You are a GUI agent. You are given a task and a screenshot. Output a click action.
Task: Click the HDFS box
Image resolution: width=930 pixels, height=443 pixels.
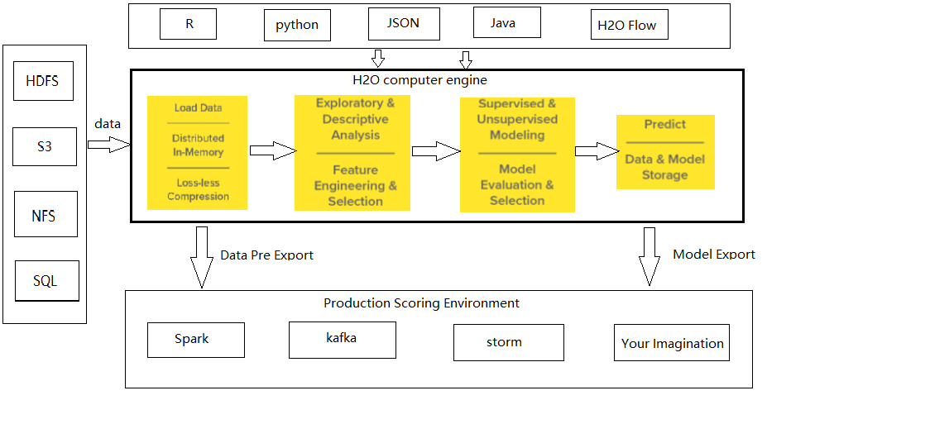[x=43, y=82]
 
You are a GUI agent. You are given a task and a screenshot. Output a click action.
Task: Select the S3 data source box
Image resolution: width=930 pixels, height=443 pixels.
[x=45, y=147]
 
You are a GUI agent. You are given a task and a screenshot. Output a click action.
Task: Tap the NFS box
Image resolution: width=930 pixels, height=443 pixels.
[x=45, y=215]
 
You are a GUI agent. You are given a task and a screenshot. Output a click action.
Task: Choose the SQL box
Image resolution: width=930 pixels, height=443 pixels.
[x=46, y=281]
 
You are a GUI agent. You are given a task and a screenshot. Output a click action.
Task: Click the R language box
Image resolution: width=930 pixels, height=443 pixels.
[x=189, y=24]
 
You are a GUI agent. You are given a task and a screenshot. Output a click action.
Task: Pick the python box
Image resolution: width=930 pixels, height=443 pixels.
[x=297, y=25]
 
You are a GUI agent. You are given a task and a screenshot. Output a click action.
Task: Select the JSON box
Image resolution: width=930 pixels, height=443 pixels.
[x=403, y=23]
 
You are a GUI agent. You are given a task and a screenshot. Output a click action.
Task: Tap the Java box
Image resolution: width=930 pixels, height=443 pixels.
[x=502, y=22]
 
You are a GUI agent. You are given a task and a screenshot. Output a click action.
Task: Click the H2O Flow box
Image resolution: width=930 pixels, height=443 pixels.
[x=626, y=25]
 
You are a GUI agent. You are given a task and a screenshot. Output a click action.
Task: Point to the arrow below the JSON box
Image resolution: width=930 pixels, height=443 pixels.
[x=378, y=58]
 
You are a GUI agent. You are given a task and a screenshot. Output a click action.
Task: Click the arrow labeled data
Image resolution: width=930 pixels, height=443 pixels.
[x=108, y=145]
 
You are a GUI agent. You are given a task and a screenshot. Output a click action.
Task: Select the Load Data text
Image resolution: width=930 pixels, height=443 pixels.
[x=198, y=108]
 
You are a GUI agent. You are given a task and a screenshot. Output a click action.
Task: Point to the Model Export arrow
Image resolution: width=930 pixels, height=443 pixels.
[x=649, y=255]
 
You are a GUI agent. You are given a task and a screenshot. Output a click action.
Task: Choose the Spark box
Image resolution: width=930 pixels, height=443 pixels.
[x=195, y=340]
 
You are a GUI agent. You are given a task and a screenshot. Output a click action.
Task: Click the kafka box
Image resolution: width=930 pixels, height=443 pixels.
[x=342, y=340]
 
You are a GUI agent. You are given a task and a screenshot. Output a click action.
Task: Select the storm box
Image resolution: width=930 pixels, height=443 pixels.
[x=508, y=342]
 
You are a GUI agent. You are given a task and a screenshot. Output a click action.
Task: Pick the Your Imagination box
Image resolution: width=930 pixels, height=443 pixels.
[x=671, y=343]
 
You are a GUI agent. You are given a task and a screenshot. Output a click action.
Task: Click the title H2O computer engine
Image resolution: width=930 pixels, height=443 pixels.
[x=419, y=80]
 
